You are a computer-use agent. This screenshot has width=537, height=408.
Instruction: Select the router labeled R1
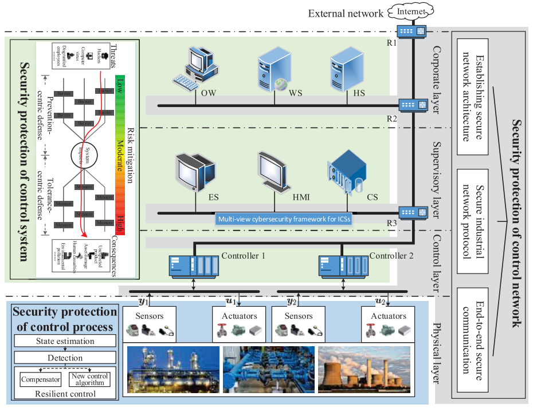tap(413, 31)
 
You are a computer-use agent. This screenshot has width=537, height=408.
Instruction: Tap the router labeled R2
tap(413, 105)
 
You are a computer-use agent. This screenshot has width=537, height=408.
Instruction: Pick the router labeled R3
tap(413, 212)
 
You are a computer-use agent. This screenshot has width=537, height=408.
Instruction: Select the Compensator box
tap(40, 379)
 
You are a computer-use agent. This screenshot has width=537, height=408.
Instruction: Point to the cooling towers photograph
tap(364, 369)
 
